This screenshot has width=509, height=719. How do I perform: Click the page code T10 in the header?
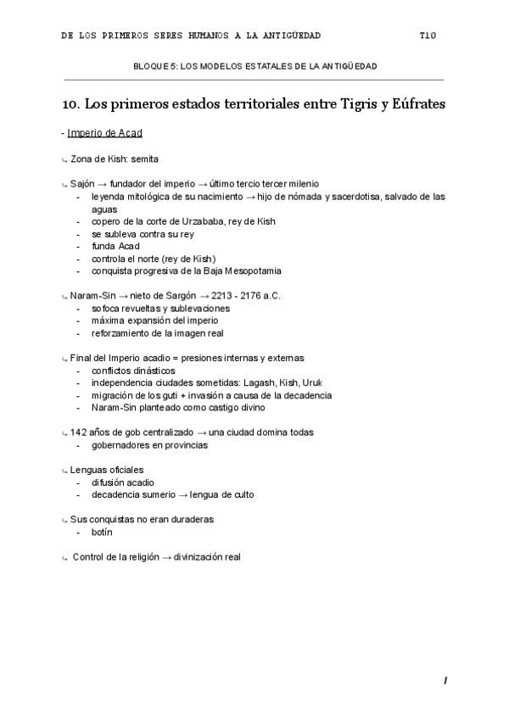[x=427, y=36]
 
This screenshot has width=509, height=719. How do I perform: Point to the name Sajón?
[x=82, y=184]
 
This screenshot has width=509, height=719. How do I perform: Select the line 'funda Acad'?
[x=114, y=246]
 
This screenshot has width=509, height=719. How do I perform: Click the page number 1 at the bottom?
[x=445, y=681]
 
